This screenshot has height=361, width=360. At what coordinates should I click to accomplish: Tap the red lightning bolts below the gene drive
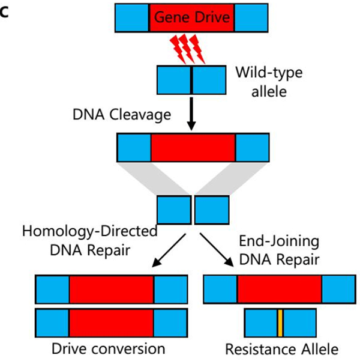(x=188, y=49)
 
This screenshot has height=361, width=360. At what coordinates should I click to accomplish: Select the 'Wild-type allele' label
(x=268, y=82)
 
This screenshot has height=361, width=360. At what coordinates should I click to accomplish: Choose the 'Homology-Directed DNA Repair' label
(x=90, y=239)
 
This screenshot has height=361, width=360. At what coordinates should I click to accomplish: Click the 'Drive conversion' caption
(x=109, y=348)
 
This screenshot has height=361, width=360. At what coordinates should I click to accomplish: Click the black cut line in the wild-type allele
(x=192, y=80)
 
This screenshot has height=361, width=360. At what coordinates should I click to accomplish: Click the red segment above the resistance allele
(x=280, y=289)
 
